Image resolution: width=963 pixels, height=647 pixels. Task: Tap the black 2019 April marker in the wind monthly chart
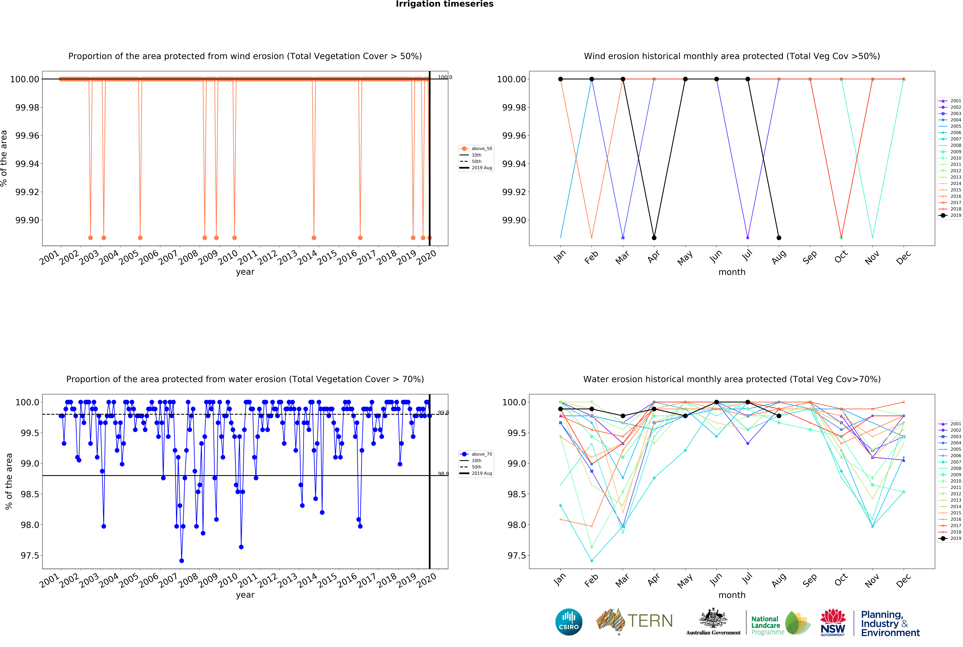coord(654,238)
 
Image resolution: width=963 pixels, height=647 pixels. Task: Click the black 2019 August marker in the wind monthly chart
coord(779,238)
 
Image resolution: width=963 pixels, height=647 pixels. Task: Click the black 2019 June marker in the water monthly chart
coord(717,402)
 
